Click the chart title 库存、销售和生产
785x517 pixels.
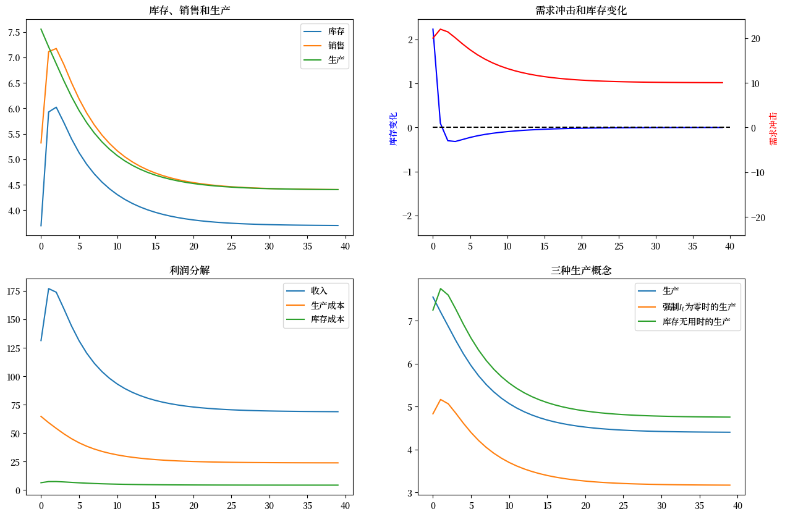point(190,11)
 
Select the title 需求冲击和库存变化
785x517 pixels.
point(580,11)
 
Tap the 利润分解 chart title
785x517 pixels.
point(190,270)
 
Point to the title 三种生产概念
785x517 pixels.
point(580,270)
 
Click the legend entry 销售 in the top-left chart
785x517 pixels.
point(336,46)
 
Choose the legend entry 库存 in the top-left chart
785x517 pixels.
point(336,31)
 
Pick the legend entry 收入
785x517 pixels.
point(319,290)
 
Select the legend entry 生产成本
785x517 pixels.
point(327,305)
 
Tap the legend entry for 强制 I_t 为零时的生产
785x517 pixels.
point(698,306)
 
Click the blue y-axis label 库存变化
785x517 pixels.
point(394,128)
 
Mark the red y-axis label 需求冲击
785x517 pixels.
point(773,128)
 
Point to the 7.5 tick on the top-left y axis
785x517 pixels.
point(14,32)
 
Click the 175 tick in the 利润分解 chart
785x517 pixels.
point(12,291)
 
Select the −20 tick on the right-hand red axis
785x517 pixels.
point(758,217)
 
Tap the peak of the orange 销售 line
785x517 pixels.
point(56,48)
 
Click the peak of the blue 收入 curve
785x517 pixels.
point(49,288)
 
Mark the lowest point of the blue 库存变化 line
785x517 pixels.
point(455,141)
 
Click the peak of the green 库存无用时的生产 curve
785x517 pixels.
point(440,288)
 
